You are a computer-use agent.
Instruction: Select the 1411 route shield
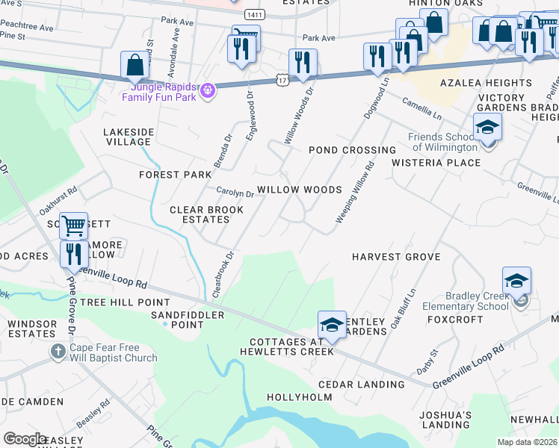tap(254, 15)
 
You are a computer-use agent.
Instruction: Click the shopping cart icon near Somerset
tap(72, 225)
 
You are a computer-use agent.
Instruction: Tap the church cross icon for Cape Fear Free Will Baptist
tap(58, 351)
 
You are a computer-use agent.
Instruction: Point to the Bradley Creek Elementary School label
tap(465, 301)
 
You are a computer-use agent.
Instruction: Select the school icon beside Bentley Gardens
tap(332, 324)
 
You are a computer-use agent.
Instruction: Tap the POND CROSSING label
tap(353, 150)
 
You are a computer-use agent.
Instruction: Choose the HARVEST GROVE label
tap(396, 257)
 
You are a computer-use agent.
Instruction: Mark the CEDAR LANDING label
tap(361, 385)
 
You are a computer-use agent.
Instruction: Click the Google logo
tap(25, 439)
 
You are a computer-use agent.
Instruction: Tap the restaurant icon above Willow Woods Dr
tap(303, 63)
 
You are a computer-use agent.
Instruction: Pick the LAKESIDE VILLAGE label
tap(128, 137)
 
